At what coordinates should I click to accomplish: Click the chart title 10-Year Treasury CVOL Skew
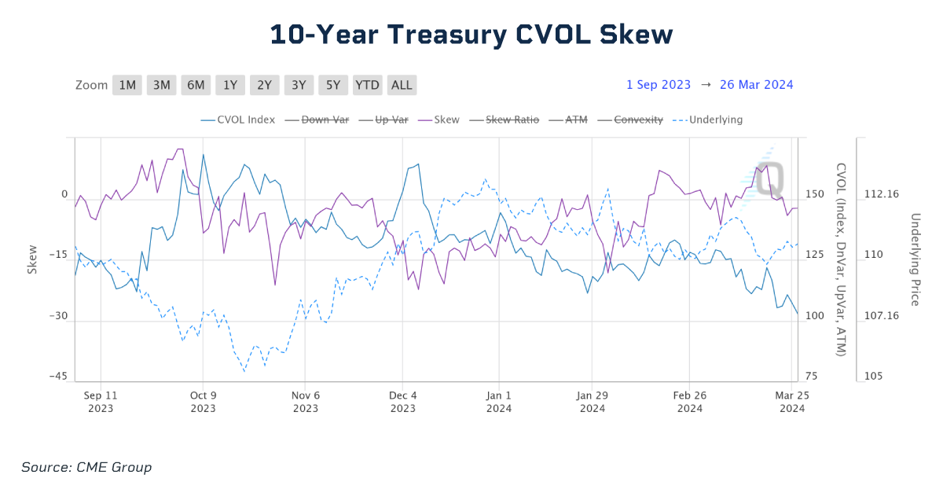coord(472,35)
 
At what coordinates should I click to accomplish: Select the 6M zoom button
coord(196,85)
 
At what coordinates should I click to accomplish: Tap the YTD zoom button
coord(367,85)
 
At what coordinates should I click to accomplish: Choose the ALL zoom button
coord(402,85)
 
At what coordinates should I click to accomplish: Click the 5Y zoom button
coord(333,85)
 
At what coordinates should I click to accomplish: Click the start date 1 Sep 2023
coord(659,85)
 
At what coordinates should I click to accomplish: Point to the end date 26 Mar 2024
coord(756,85)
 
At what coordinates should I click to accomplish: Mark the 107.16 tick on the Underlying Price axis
coord(881,315)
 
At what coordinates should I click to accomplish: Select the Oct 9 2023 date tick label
coord(203,402)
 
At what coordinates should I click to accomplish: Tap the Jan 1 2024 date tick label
coord(499,402)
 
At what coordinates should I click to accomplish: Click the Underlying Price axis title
coord(915,259)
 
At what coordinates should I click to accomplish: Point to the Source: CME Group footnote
coord(86,468)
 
